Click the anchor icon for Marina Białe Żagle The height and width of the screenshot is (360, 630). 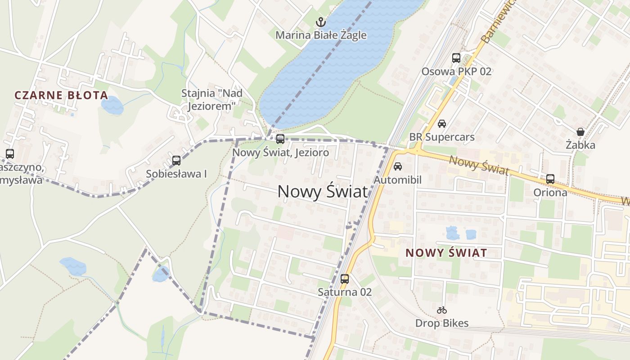tap(320, 22)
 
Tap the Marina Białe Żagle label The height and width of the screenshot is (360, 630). tap(321, 35)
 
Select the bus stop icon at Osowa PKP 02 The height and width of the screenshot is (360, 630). tap(456, 58)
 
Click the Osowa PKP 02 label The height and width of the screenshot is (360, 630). tap(456, 71)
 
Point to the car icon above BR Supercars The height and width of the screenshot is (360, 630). tap(442, 124)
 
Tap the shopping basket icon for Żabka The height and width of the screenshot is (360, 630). tap(580, 132)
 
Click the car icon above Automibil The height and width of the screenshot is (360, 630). tap(398, 166)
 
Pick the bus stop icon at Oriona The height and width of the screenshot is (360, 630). tap(550, 179)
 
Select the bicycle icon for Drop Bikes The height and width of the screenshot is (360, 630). tap(442, 310)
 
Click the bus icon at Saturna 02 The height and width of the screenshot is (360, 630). tap(345, 279)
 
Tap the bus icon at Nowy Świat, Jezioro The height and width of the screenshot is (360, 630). tap(280, 139)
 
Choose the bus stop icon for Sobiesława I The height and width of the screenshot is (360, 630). tap(176, 161)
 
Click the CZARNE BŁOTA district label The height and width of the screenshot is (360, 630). tap(61, 95)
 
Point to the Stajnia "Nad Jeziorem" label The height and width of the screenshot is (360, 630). tap(212, 99)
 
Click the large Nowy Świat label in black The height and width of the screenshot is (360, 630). tap(323, 192)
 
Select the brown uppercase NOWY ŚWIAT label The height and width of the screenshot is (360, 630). tap(446, 253)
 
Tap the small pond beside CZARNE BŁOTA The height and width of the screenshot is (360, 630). tap(112, 105)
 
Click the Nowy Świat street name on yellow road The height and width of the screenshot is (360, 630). tap(479, 165)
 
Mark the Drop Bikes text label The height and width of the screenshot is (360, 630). tap(441, 323)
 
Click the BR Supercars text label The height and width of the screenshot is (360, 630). tap(441, 137)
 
